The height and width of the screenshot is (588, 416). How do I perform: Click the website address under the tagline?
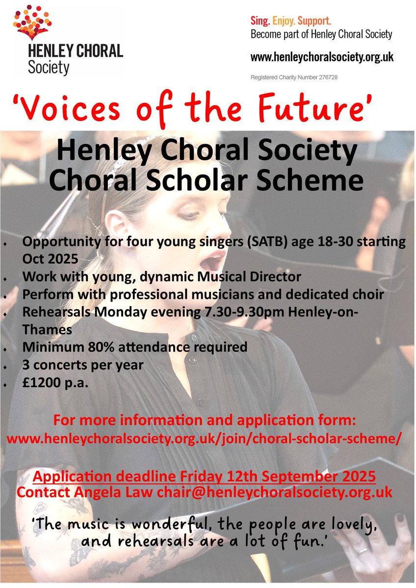tap(322, 57)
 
